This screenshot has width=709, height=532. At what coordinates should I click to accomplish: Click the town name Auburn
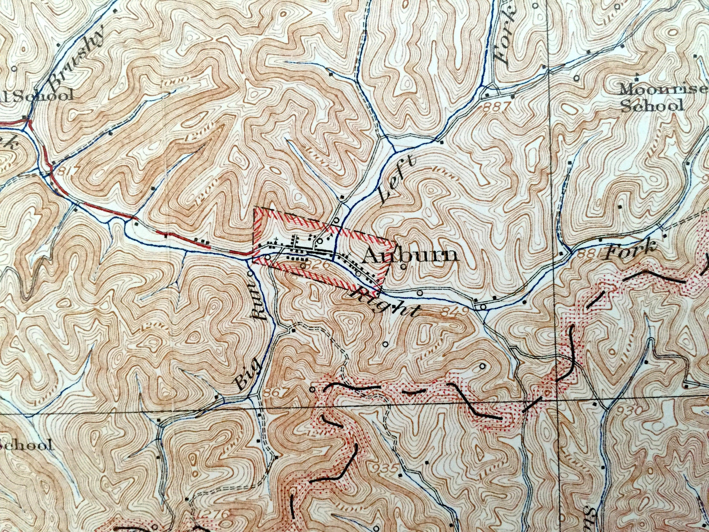(x=411, y=255)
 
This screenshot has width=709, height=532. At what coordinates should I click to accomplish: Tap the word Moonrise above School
(x=652, y=90)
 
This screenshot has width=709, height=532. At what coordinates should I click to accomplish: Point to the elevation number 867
(x=277, y=393)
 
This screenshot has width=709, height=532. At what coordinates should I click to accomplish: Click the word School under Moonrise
(x=652, y=106)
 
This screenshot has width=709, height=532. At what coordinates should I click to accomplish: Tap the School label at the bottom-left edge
(x=27, y=445)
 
